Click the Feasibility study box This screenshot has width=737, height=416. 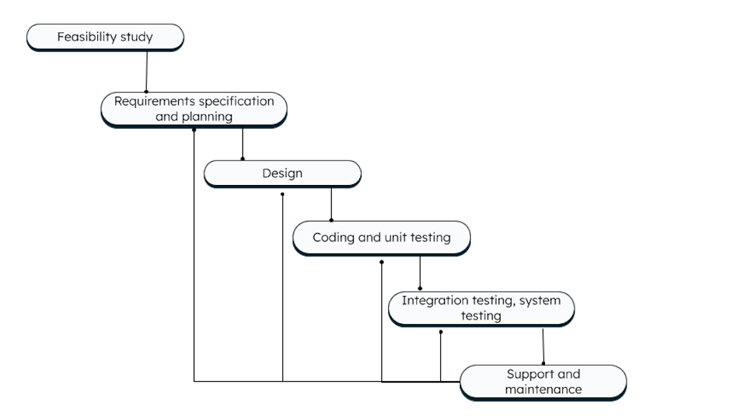105,37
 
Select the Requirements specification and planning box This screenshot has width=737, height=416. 193,109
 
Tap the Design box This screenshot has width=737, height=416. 282,173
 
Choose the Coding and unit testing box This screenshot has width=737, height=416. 381,238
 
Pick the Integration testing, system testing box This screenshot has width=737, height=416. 481,308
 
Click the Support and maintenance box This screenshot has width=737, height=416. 543,382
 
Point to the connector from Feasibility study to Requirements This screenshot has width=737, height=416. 146,71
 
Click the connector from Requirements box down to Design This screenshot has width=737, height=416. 242,142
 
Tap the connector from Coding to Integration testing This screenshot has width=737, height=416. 420,271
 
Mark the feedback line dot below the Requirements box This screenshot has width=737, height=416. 194,130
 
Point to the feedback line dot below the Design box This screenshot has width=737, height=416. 282,194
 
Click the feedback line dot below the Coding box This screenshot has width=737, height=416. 382,262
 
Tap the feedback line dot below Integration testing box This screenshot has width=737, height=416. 440,332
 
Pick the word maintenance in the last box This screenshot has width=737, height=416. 543,389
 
